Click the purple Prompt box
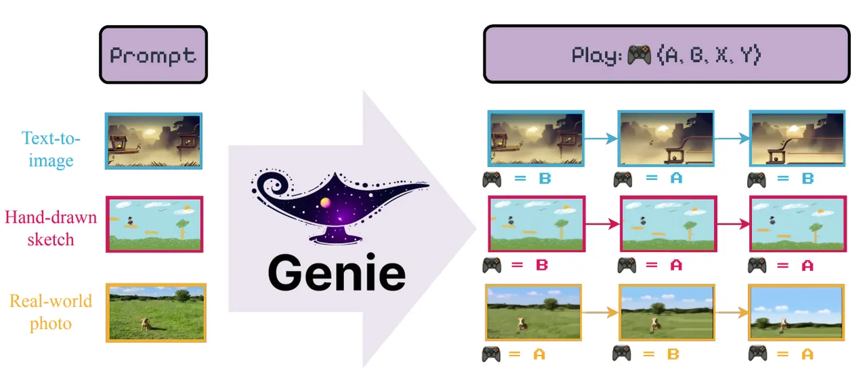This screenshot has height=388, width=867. pyautogui.click(x=153, y=55)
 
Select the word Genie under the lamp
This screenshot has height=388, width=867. pyautogui.click(x=336, y=274)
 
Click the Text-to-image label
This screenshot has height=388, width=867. pyautogui.click(x=51, y=150)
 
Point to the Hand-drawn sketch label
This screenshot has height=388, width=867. pyautogui.click(x=50, y=228)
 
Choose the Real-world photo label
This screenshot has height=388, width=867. pyautogui.click(x=50, y=311)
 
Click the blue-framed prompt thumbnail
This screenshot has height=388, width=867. pyautogui.click(x=154, y=140)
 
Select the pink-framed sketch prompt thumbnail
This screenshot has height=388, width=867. pyautogui.click(x=154, y=224)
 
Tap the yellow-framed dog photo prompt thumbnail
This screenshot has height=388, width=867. pyautogui.click(x=156, y=312)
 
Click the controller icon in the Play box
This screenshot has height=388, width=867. pyautogui.click(x=639, y=55)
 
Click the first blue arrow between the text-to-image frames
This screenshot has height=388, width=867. pyautogui.click(x=600, y=139)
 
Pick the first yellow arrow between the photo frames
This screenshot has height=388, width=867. pyautogui.click(x=600, y=312)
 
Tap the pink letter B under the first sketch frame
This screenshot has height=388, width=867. pyautogui.click(x=542, y=265)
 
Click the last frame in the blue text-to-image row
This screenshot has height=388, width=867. pyautogui.click(x=797, y=139)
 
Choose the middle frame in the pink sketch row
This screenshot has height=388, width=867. pyautogui.click(x=667, y=223)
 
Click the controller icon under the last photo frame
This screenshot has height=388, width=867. pyautogui.click(x=758, y=353)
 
